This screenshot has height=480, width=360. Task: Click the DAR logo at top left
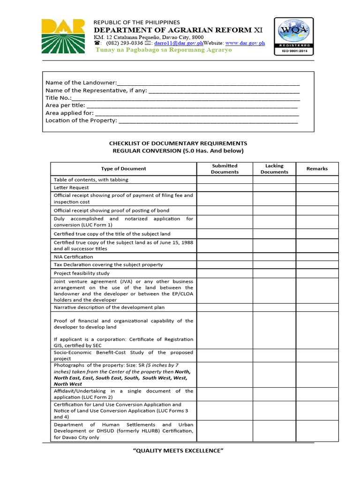63,36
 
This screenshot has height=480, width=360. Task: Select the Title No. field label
59,98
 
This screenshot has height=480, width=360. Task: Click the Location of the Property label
81,120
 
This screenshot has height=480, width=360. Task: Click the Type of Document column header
123,169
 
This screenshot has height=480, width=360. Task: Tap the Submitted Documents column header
225,169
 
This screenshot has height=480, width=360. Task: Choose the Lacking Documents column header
274,169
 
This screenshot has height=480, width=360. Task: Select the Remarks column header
317,169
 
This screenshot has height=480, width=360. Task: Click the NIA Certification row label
73,257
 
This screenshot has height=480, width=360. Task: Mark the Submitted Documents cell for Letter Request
225,187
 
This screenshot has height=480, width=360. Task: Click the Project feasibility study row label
82,273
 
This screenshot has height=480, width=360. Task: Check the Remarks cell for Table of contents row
317,180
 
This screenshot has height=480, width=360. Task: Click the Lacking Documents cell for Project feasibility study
274,273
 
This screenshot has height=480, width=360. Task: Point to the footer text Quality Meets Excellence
179,451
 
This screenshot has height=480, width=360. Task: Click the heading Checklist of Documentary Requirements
178,143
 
